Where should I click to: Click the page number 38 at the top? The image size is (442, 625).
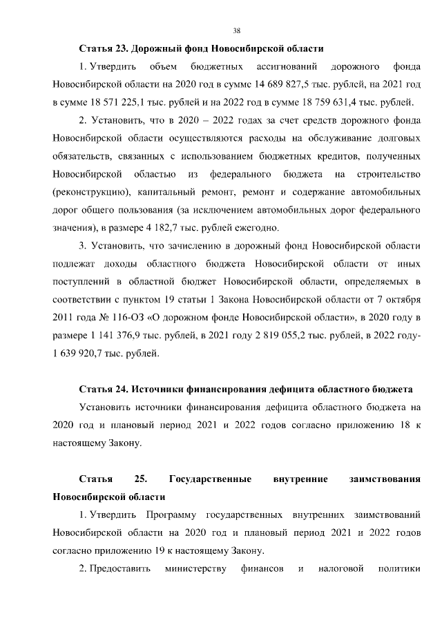(x=237, y=31)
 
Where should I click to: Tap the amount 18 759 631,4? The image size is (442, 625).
(x=327, y=104)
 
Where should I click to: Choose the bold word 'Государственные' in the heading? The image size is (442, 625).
(x=209, y=479)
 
